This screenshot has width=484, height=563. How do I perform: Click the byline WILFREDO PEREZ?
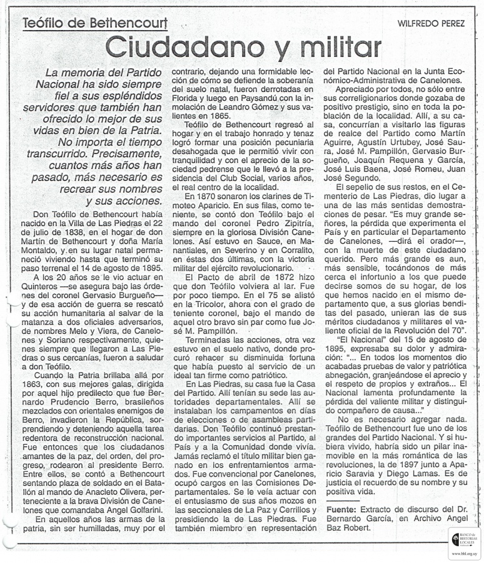(x=431, y=24)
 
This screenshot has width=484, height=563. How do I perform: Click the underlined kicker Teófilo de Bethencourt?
(x=94, y=24)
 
